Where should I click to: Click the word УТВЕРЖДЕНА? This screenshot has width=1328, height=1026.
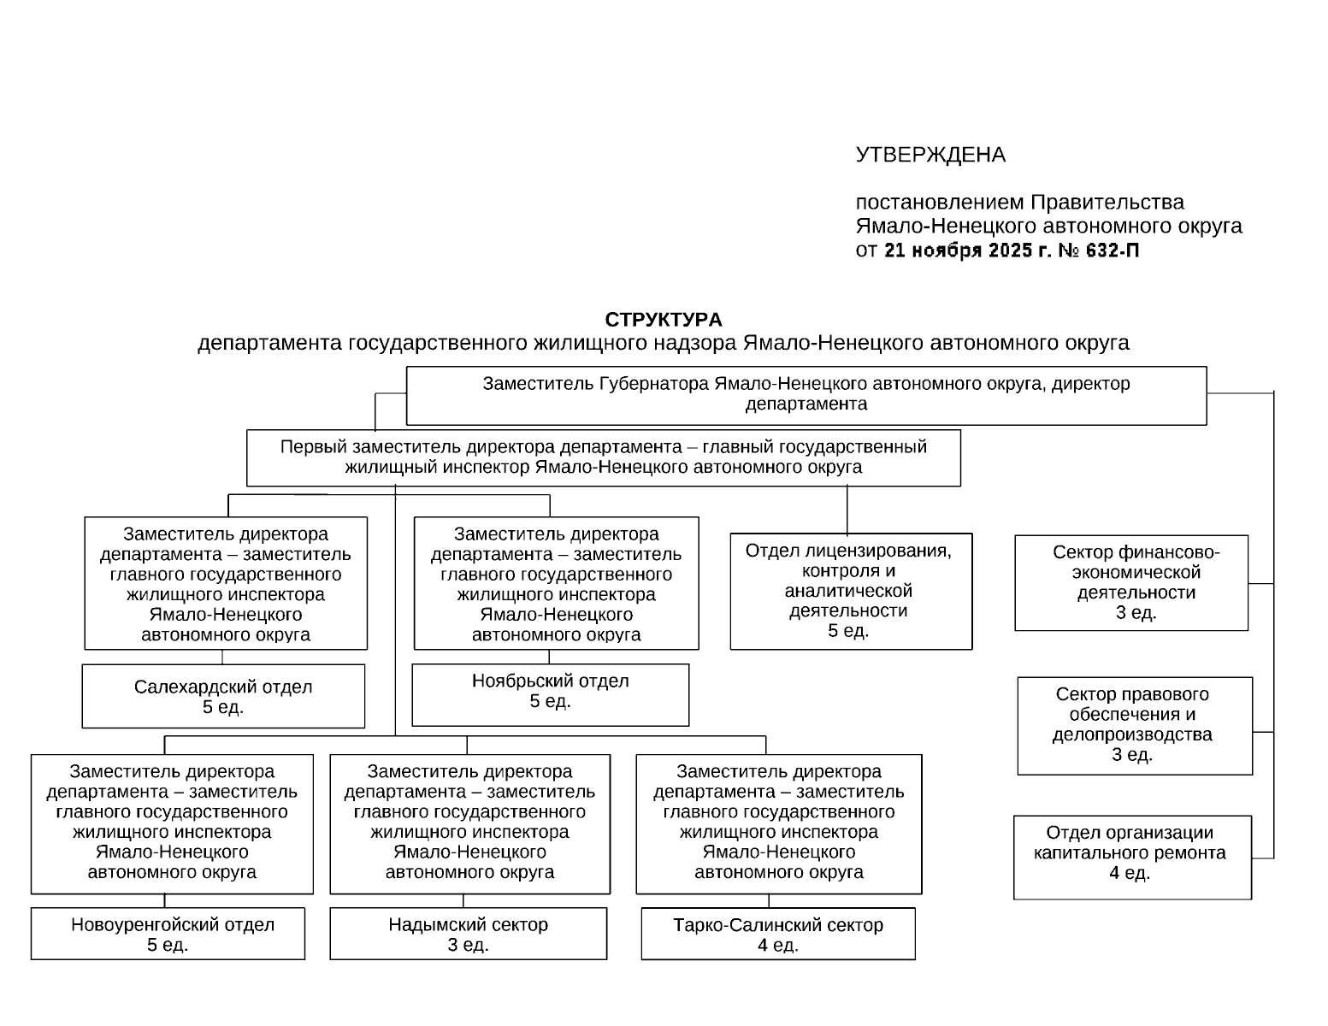930,155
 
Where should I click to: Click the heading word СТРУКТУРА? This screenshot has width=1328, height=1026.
663,320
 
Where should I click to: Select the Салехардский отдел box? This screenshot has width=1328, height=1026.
223,696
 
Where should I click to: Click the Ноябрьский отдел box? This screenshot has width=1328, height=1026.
550,694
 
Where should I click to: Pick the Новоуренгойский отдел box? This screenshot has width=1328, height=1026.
168,934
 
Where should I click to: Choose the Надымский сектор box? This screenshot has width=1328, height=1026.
468,934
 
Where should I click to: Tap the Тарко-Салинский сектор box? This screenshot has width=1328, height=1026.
777,934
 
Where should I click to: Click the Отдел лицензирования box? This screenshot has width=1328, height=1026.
851,591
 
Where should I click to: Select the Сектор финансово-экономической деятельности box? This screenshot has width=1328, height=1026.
1131,582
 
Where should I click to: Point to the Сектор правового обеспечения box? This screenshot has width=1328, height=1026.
1134,725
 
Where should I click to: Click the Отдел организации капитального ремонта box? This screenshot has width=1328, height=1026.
1132,857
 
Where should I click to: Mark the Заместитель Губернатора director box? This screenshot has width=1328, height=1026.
806,394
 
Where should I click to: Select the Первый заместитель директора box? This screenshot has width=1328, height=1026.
603,457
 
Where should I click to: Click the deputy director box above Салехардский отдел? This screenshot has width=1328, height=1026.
226,583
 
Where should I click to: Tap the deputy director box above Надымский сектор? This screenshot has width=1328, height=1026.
469,823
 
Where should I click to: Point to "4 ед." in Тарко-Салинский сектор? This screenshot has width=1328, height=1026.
777,945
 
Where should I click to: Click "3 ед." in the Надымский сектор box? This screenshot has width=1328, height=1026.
468,945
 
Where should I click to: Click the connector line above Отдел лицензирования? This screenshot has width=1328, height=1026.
847,510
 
